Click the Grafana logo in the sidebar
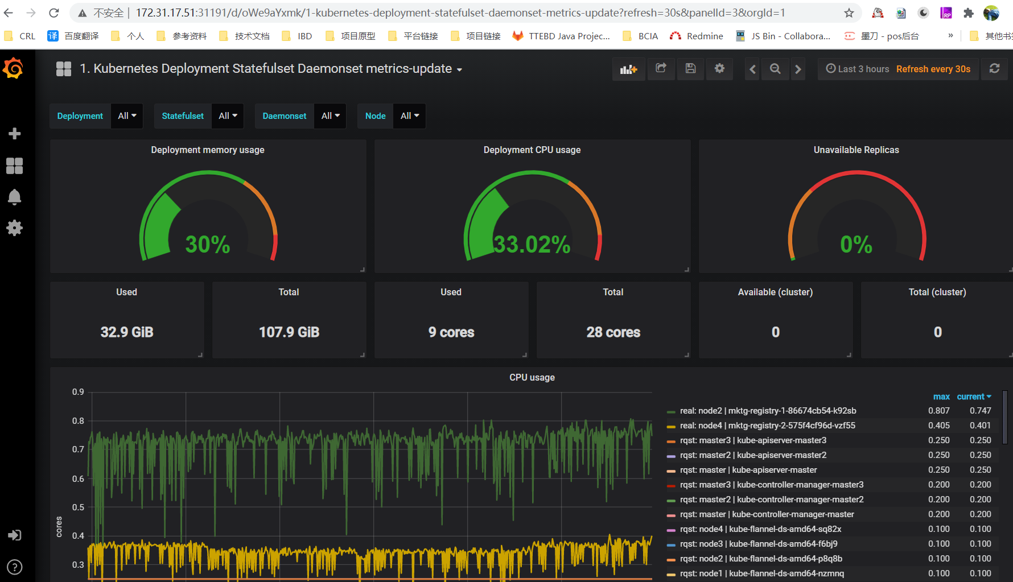coord(13,69)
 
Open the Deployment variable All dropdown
coord(127,116)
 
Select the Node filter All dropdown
coord(409,116)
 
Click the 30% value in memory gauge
coord(208,245)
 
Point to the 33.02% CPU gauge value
coord(532,245)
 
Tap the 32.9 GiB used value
coord(127,332)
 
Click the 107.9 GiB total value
coord(289,332)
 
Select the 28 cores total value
coord(613,332)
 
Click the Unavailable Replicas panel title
coord(856,150)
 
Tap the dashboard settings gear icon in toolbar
coord(719,69)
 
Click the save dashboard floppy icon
coord(690,69)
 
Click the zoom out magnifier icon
coord(775,69)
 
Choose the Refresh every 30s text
coord(933,69)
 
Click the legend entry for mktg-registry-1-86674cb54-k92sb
coord(768,411)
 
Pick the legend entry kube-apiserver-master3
coord(753,440)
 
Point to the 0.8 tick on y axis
coord(78,421)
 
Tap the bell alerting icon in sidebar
coord(14,197)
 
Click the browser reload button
coord(54,13)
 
